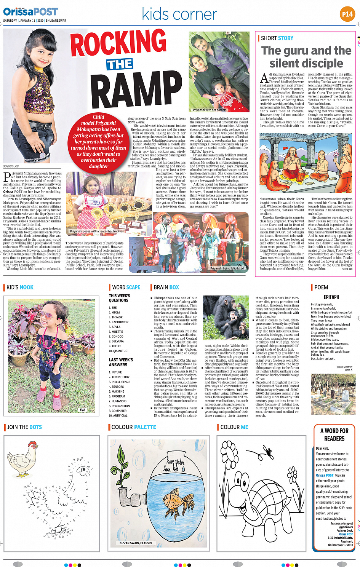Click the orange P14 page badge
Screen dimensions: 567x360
347,14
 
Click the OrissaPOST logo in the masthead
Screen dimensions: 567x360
30,12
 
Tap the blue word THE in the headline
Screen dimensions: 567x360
120,64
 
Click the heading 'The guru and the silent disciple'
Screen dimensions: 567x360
306,57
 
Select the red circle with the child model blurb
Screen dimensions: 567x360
98,141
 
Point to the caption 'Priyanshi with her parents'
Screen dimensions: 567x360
210,110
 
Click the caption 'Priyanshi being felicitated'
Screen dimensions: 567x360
227,268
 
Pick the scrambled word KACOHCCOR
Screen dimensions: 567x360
120,322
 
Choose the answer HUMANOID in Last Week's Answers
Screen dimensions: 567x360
119,401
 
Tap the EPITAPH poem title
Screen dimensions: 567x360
331,297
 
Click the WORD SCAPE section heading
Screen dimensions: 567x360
126,287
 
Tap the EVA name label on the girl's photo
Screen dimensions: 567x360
82,410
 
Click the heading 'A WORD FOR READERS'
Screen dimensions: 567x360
334,434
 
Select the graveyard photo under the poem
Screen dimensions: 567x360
333,394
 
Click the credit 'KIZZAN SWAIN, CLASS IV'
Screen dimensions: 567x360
136,543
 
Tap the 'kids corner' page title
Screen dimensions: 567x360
179,14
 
